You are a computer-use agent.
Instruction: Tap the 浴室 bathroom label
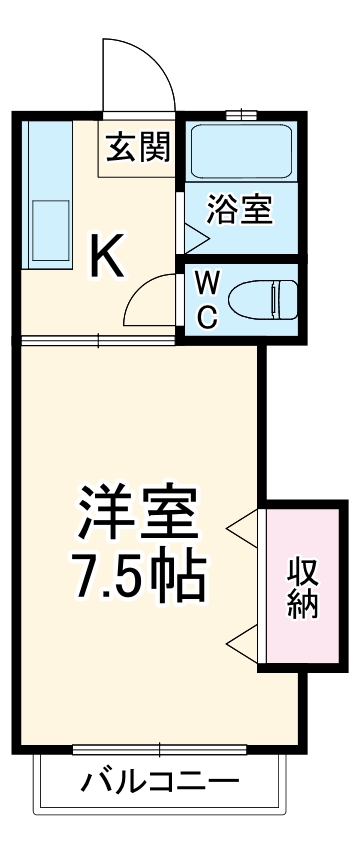coord(240,211)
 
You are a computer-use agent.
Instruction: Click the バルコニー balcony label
coord(160,780)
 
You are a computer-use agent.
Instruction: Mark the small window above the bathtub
coord(239,114)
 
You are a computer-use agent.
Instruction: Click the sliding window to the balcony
coord(159,749)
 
